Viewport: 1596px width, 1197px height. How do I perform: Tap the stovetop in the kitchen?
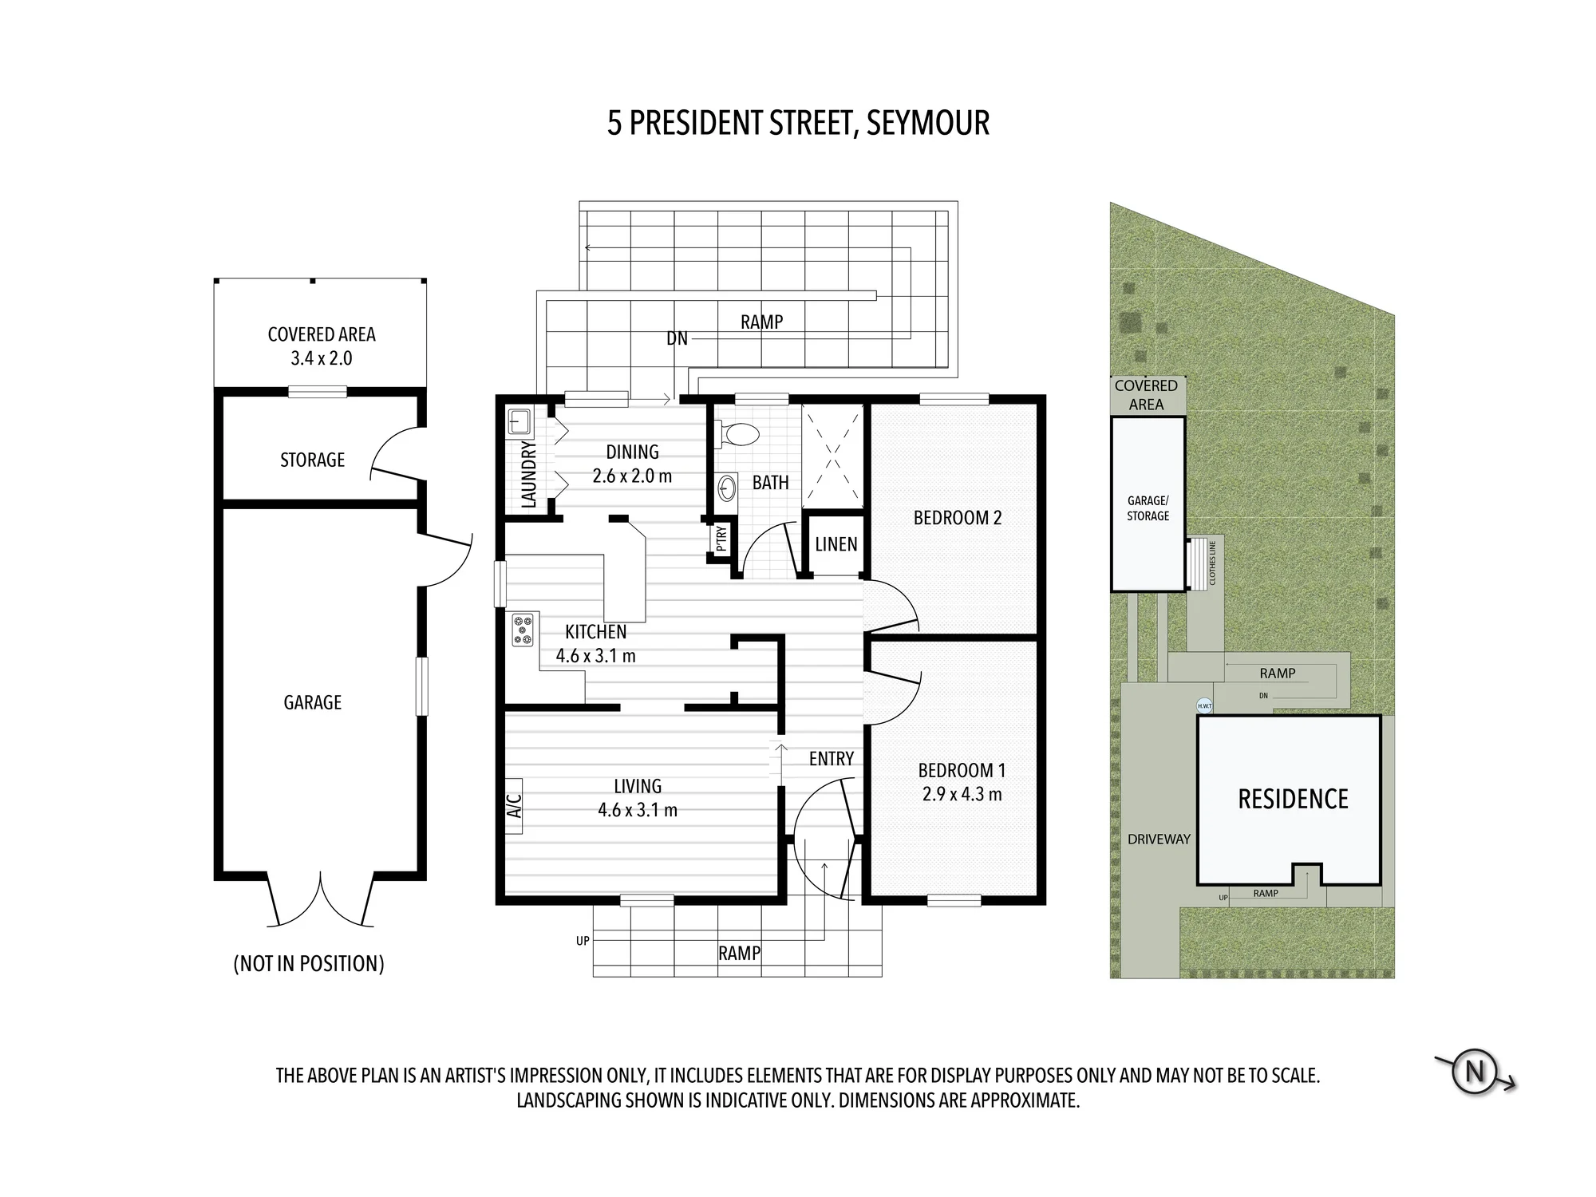click(x=523, y=629)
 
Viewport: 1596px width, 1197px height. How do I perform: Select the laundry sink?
click(x=519, y=421)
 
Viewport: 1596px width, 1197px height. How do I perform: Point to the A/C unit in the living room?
click(x=514, y=805)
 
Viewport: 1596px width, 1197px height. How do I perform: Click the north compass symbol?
click(x=1474, y=1071)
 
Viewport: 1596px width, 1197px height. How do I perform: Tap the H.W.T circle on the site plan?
click(x=1204, y=705)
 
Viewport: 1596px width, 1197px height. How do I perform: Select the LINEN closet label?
click(x=836, y=544)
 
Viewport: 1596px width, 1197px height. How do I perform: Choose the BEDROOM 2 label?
click(x=957, y=518)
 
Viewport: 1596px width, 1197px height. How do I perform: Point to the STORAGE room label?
click(x=312, y=460)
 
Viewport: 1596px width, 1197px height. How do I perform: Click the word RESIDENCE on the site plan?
click(x=1293, y=799)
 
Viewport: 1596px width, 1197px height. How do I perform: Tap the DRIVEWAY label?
click(x=1159, y=839)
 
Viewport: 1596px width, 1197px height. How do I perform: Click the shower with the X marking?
click(x=832, y=456)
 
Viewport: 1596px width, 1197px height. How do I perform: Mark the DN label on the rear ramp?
click(x=677, y=338)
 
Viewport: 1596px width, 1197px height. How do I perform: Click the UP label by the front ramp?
click(x=583, y=941)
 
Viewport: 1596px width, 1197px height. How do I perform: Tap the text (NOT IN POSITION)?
click(x=309, y=964)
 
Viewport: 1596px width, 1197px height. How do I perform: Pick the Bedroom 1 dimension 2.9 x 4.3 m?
click(x=962, y=794)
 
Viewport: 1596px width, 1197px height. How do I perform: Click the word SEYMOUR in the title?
click(x=927, y=123)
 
